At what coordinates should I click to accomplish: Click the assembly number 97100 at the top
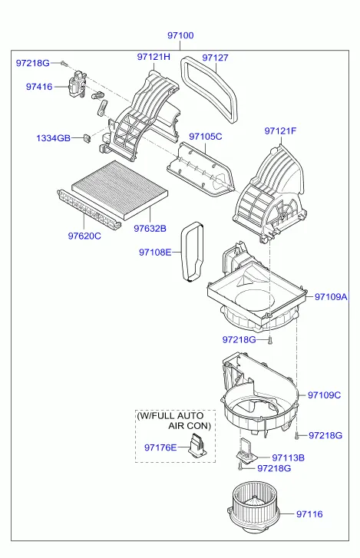click(x=180, y=35)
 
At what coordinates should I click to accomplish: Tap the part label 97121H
click(x=154, y=57)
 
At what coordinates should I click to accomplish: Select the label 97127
click(x=215, y=58)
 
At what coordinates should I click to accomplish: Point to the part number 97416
click(x=39, y=87)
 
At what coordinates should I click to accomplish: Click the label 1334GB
click(x=54, y=138)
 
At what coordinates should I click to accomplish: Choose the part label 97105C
click(x=205, y=137)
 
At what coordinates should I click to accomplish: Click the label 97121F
click(x=280, y=131)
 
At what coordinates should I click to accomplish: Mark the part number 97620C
click(x=84, y=236)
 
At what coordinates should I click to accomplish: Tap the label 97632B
click(x=150, y=229)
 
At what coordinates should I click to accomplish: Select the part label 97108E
click(x=155, y=253)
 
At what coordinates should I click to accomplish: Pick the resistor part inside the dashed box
click(x=197, y=444)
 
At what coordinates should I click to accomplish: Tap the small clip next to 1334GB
click(x=87, y=137)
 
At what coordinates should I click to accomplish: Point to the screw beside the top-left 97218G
click(x=63, y=64)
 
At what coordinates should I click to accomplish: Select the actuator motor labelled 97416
click(x=78, y=84)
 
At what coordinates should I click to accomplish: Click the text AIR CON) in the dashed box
click(x=190, y=426)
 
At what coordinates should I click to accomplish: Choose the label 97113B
click(x=288, y=458)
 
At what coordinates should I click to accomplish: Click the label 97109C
click(x=324, y=395)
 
